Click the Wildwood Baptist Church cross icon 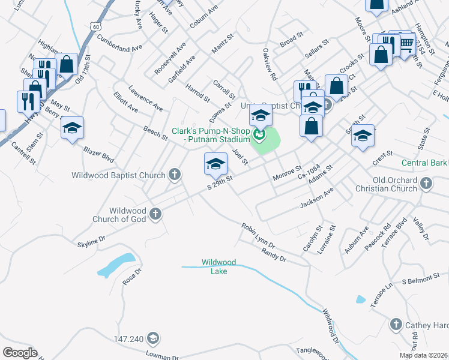pos(175,175)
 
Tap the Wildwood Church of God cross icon pos(155,214)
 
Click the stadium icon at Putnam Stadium pos(259,135)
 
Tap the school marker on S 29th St pos(216,163)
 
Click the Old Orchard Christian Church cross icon pos(426,183)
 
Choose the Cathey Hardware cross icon pos(396,325)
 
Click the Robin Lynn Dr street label pos(258,236)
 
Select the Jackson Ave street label pos(317,199)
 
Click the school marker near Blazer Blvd pos(72,128)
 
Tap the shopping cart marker pos(406,43)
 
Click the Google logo pos(20,353)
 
